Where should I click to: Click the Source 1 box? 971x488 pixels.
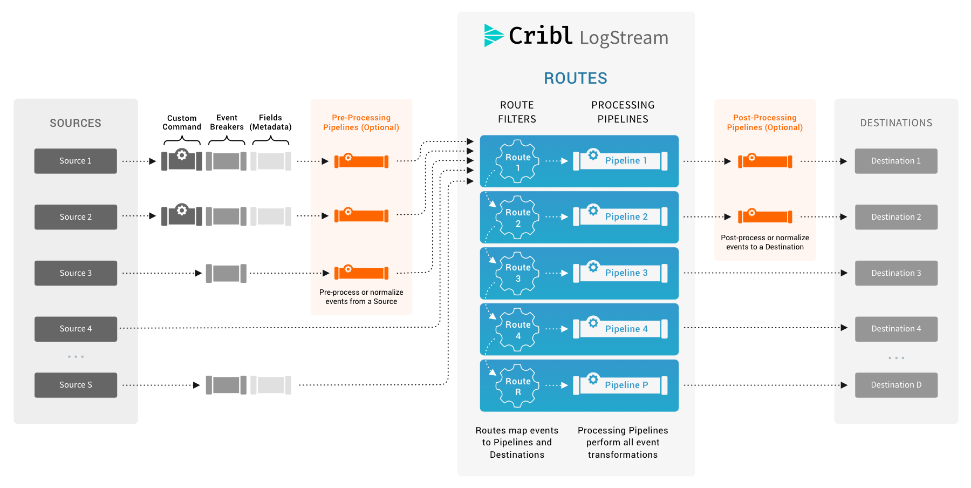[76, 161]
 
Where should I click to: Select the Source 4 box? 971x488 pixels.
[76, 329]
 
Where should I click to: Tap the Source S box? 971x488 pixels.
[76, 385]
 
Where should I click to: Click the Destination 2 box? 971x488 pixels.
[896, 217]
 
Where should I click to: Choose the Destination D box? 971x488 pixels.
[896, 385]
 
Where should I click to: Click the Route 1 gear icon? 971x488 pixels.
[517, 162]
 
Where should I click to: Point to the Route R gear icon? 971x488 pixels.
[517, 386]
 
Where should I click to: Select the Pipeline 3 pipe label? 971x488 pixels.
[626, 273]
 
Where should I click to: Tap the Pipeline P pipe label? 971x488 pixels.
[626, 385]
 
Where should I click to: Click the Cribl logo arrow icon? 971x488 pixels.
[493, 36]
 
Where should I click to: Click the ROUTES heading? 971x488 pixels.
[575, 78]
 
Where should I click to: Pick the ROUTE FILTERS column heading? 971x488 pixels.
[517, 112]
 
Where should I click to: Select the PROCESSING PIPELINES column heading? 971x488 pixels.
[623, 112]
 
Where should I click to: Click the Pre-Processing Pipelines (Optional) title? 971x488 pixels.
[361, 123]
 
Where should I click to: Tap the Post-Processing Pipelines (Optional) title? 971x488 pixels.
[764, 123]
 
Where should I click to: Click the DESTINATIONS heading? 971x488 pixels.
[896, 123]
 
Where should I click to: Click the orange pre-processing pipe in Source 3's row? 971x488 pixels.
[361, 273]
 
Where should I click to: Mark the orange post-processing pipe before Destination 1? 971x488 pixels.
[765, 161]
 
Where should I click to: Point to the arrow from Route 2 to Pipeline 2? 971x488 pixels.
[557, 217]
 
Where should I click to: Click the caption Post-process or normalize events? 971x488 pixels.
[764, 242]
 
